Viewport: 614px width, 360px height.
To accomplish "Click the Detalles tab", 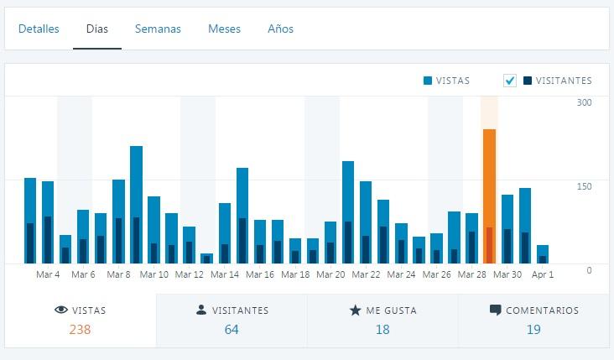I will [x=39, y=29].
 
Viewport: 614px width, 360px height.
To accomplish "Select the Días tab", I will [x=96, y=29].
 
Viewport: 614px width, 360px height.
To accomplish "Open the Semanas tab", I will [x=158, y=29].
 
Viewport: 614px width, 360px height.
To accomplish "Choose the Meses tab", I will [x=224, y=29].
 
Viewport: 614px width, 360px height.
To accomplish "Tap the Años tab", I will [x=280, y=29].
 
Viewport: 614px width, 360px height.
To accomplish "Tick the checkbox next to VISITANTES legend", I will [x=510, y=81].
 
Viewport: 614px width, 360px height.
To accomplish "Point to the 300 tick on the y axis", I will [x=584, y=102].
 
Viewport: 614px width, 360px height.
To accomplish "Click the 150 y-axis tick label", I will [x=584, y=186].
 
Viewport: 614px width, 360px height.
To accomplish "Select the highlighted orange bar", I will [x=489, y=196].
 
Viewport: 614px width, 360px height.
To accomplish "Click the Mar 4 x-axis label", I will [x=48, y=274].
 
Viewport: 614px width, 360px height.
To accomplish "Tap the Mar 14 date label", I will [x=225, y=274].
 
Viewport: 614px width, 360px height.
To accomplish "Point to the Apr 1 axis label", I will [x=543, y=274].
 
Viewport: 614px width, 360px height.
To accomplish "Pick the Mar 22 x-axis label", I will [x=366, y=274].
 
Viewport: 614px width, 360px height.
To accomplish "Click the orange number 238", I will [x=80, y=330].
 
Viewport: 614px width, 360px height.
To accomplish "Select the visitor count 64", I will [x=232, y=330].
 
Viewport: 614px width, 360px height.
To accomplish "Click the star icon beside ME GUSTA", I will [x=355, y=310].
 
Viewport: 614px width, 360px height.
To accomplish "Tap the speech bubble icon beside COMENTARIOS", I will [x=495, y=310].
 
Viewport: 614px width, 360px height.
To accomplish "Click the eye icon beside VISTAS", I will [x=60, y=310].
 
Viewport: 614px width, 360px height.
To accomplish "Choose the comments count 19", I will [x=533, y=330].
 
